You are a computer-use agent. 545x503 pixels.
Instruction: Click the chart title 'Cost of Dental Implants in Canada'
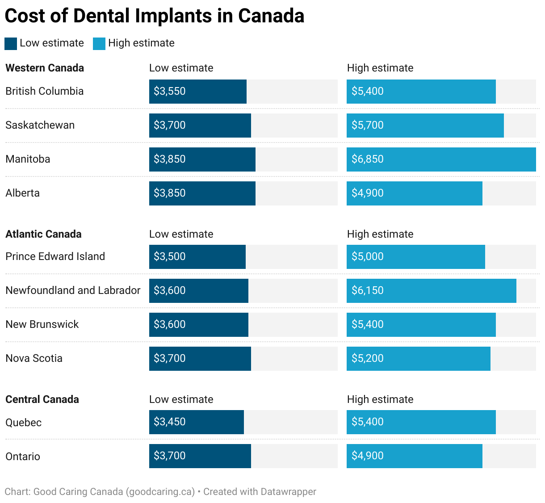click(154, 16)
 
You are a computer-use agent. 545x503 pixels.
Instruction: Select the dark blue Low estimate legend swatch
click(11, 43)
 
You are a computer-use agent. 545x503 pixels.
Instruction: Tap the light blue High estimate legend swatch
click(99, 43)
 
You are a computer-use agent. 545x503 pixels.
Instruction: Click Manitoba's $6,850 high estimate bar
click(441, 159)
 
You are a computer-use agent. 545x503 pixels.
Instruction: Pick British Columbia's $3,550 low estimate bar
click(197, 92)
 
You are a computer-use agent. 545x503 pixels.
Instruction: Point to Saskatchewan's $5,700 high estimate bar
click(425, 126)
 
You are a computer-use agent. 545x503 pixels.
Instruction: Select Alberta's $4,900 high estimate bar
click(414, 193)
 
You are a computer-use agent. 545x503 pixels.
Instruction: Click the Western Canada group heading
click(45, 68)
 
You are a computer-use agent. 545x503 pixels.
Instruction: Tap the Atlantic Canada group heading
click(43, 234)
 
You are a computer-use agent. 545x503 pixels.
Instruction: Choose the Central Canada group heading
click(42, 399)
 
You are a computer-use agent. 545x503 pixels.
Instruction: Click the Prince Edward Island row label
click(55, 256)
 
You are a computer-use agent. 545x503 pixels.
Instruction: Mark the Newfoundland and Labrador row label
click(73, 290)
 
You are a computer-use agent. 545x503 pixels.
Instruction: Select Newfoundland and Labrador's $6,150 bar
click(431, 291)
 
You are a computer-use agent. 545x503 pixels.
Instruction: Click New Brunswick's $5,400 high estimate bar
click(421, 325)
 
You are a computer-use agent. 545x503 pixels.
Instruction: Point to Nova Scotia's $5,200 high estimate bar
click(418, 359)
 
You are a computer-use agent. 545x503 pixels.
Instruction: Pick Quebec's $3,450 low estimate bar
click(196, 422)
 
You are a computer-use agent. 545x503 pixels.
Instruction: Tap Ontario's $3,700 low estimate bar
click(200, 456)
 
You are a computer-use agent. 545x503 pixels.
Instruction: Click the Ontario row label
click(23, 457)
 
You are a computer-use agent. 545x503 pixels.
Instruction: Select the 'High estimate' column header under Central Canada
click(380, 399)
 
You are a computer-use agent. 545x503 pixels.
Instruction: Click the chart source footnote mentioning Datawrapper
click(160, 492)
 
